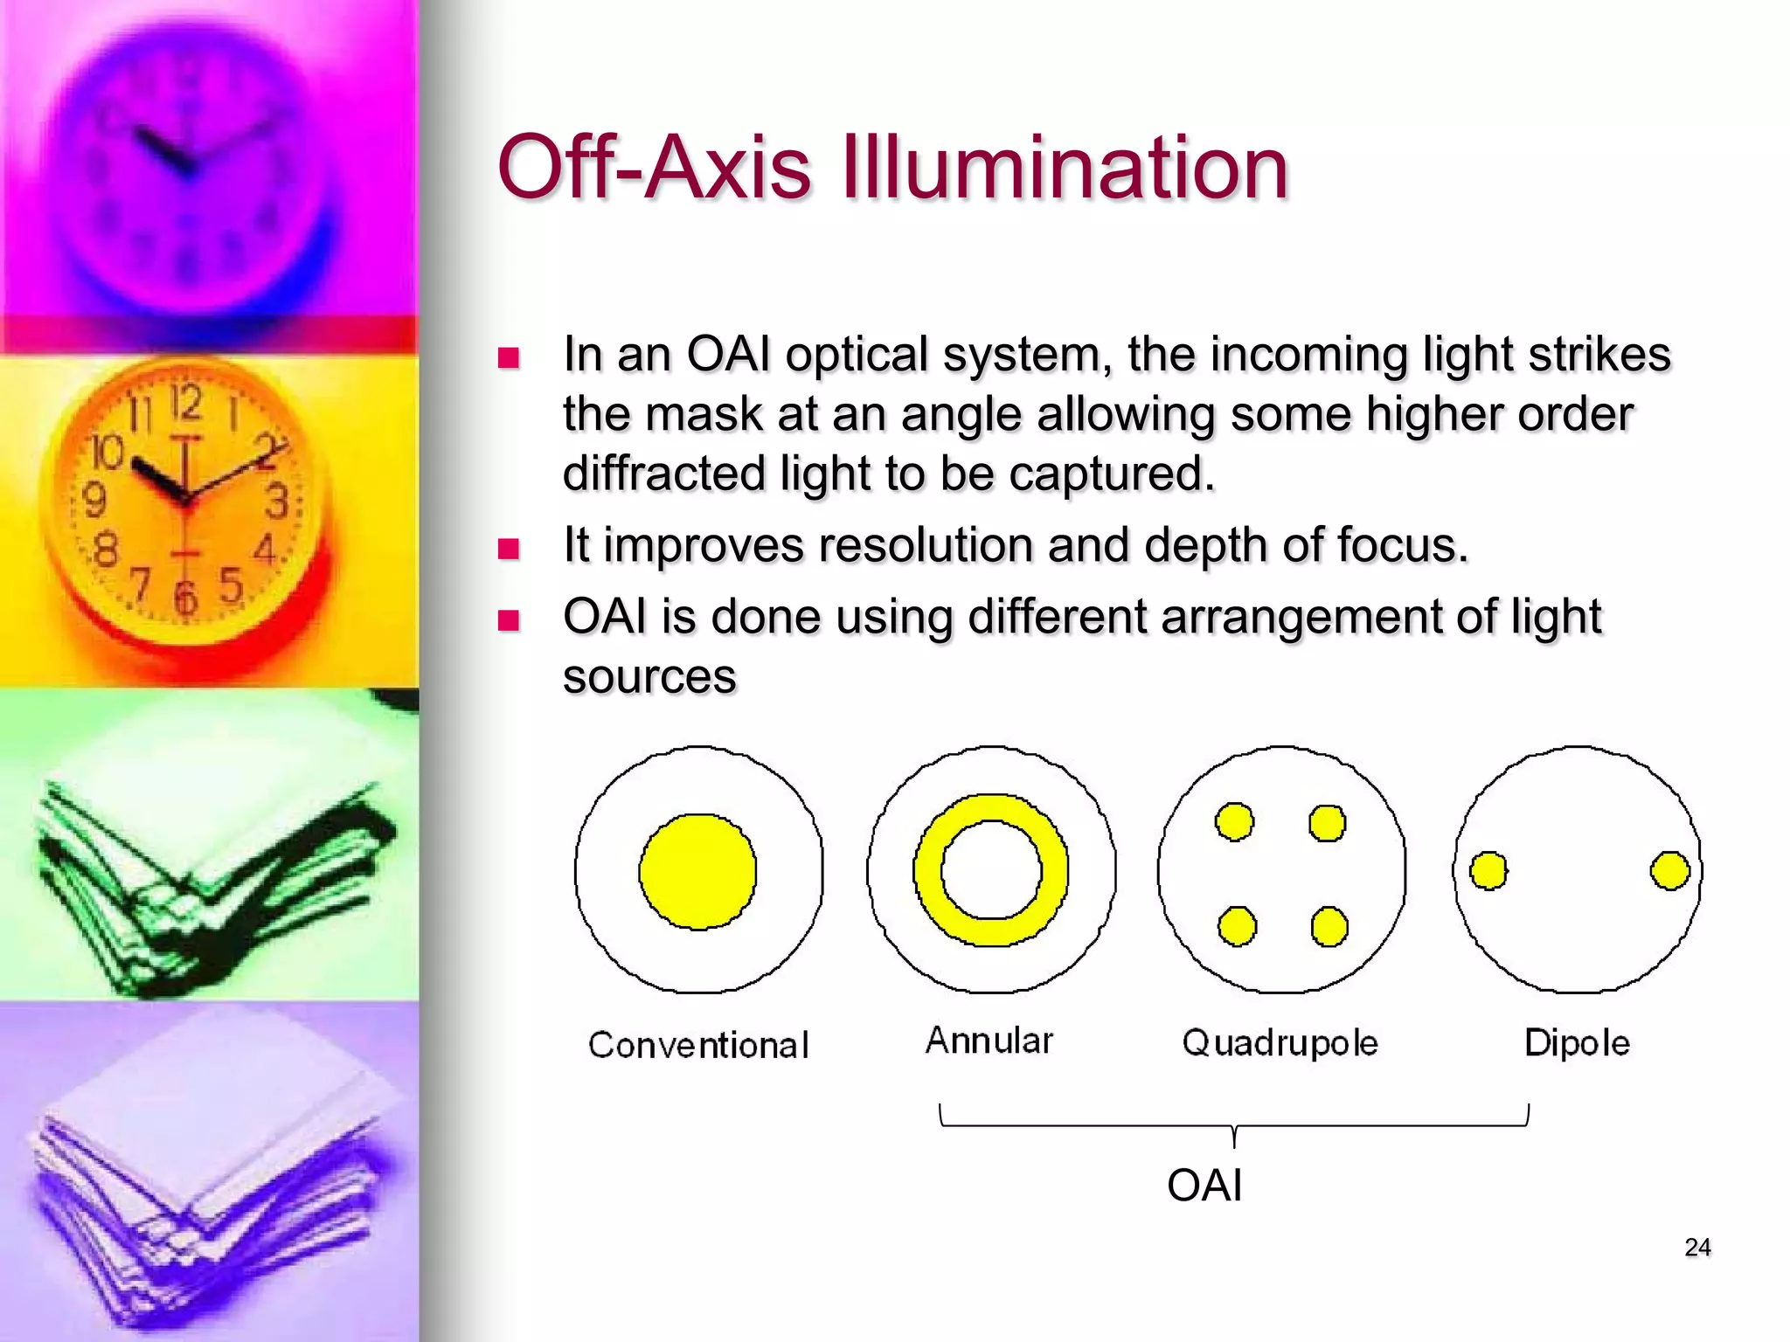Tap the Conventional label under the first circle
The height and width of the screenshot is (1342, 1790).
pyautogui.click(x=698, y=1045)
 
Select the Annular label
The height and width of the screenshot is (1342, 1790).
pyautogui.click(x=989, y=1041)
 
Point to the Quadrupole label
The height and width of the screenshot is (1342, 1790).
pyautogui.click(x=1280, y=1043)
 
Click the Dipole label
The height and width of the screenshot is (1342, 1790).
pyautogui.click(x=1577, y=1043)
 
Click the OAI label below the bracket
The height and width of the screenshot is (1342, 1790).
pyautogui.click(x=1204, y=1186)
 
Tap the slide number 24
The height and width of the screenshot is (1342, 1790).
pyautogui.click(x=1697, y=1247)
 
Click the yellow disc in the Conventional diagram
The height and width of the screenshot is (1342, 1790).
pyautogui.click(x=697, y=871)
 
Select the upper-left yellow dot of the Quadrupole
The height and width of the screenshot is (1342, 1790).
pyautogui.click(x=1234, y=822)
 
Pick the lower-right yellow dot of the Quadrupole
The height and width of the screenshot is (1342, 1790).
pyautogui.click(x=1329, y=927)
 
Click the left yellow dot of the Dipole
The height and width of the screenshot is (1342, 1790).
pyautogui.click(x=1488, y=871)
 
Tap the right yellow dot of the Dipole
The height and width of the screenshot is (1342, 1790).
pyautogui.click(x=1669, y=871)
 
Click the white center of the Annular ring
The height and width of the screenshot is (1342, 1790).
pyautogui.click(x=991, y=870)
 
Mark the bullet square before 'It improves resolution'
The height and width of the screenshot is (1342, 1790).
pyautogui.click(x=508, y=549)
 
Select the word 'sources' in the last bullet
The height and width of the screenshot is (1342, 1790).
pyautogui.click(x=649, y=676)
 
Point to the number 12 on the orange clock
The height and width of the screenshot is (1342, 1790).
pyautogui.click(x=185, y=404)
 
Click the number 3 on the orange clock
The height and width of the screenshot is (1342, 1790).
pyautogui.click(x=277, y=502)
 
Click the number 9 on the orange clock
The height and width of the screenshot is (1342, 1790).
pyautogui.click(x=94, y=501)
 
